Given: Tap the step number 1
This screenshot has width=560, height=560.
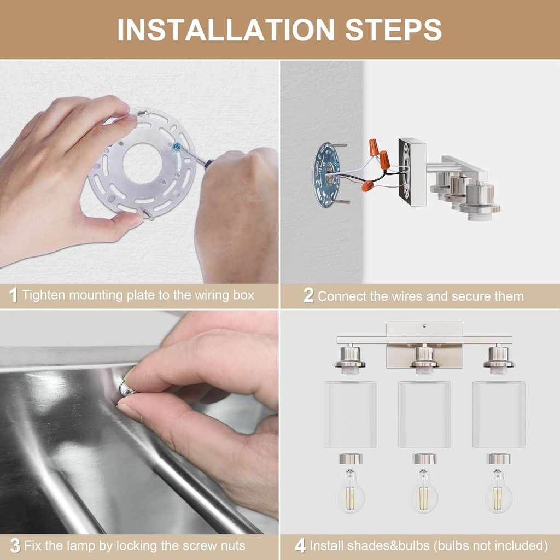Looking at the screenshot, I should point(14,296).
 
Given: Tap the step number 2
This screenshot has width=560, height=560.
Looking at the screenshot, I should point(308,296).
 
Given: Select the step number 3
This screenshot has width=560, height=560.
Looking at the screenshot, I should point(15,546).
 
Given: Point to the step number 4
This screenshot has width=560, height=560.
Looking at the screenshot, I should point(300,546).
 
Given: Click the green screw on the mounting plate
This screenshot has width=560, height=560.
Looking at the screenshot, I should point(177,147).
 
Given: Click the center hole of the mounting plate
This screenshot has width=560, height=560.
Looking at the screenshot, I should point(142,163).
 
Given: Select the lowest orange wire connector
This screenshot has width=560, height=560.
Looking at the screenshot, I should point(367,186).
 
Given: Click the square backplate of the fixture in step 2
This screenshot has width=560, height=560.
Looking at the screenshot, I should point(412,172).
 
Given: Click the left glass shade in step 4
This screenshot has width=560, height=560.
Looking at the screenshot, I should point(349,414).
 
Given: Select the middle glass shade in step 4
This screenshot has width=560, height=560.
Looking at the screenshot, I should point(424,414).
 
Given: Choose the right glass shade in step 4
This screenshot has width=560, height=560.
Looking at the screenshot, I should point(499,414).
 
